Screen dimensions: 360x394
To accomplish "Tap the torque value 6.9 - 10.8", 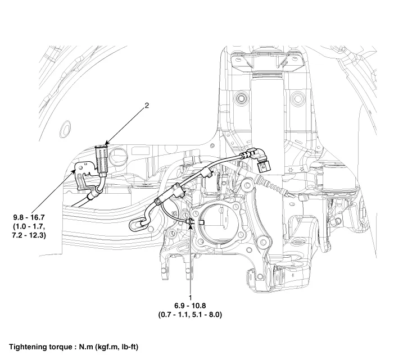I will (x=191, y=306).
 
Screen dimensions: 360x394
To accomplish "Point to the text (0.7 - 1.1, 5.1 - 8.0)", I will (x=191, y=315).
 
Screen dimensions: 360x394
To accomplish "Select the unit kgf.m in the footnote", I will (x=99, y=347).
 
